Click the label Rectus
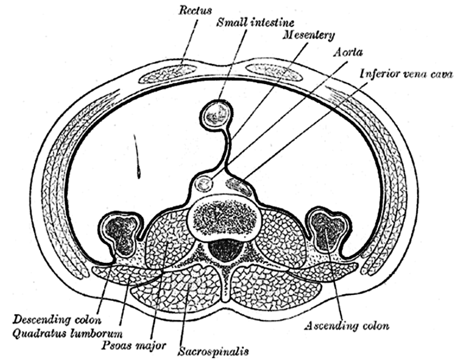click(x=195, y=11)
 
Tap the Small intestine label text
click(x=255, y=22)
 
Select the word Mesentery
click(x=309, y=36)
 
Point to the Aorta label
click(x=348, y=52)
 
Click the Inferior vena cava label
click(x=407, y=73)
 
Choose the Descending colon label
click(x=57, y=320)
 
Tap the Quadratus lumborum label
click(x=67, y=333)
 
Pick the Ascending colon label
click(x=346, y=326)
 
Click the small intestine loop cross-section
click(x=215, y=115)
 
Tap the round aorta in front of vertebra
click(x=204, y=184)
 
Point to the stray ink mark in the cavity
click(x=137, y=157)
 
